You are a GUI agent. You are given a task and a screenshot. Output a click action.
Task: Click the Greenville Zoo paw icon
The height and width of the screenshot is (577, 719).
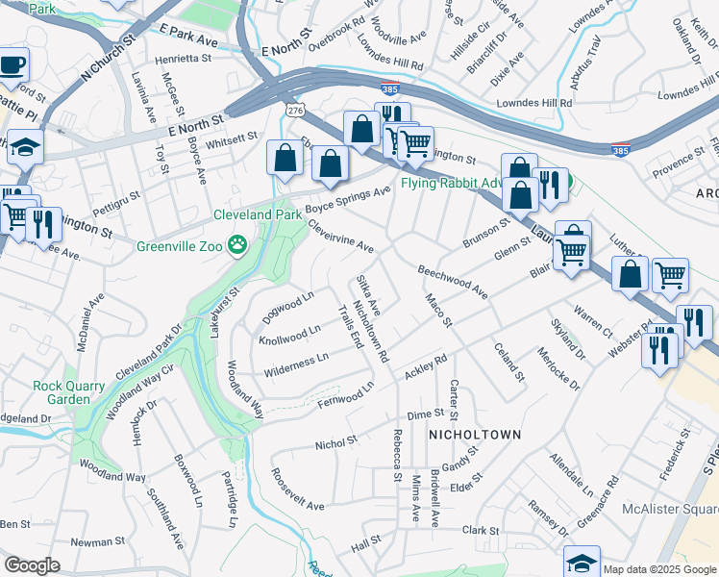[x=236, y=246]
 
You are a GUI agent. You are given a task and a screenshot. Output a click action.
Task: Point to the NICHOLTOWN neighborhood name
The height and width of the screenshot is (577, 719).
[x=475, y=435]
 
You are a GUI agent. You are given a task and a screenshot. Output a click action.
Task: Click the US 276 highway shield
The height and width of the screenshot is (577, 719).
[x=294, y=112]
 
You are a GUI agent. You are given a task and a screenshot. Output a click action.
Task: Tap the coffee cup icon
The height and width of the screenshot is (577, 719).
[x=12, y=65]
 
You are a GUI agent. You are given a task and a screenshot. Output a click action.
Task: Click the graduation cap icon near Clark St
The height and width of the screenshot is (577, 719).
[x=582, y=562]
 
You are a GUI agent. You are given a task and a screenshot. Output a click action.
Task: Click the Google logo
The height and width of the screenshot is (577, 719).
[x=32, y=565]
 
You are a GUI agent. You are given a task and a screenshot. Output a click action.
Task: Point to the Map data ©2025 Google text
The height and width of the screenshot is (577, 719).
[x=658, y=569]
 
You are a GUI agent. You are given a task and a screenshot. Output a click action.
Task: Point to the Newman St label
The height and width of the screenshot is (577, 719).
[x=92, y=542]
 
